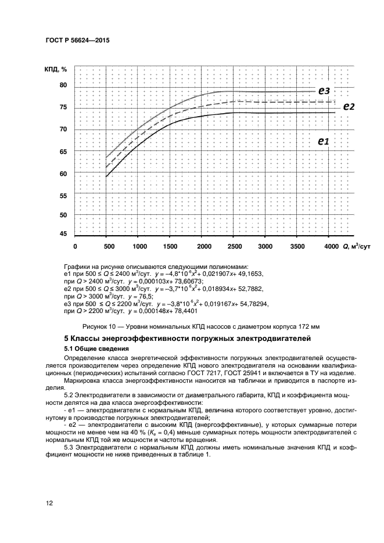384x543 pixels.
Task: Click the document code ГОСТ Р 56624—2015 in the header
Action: (77, 42)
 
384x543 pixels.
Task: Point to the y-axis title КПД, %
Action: (56, 70)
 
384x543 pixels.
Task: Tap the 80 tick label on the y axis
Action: (63, 85)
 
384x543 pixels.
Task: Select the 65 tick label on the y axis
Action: (63, 152)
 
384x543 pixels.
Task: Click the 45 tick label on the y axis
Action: (63, 234)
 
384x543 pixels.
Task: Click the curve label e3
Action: (323, 91)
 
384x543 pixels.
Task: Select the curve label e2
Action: (349, 106)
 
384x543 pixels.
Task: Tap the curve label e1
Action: (323, 141)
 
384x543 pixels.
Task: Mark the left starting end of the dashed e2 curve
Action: (106, 166)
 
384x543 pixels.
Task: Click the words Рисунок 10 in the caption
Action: (102, 325)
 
